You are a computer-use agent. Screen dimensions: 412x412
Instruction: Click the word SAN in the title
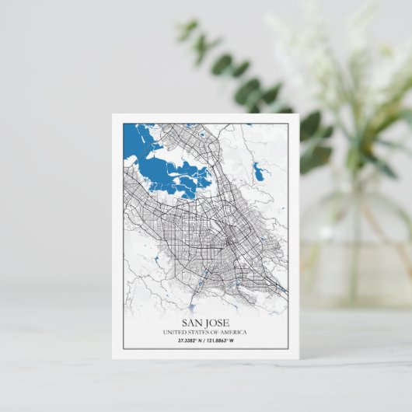[x=193, y=323]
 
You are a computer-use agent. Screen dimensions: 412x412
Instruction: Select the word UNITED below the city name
[x=175, y=333]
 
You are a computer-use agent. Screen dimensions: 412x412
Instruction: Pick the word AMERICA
[x=234, y=333]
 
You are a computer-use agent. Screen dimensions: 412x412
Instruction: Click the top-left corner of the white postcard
[x=113, y=115]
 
